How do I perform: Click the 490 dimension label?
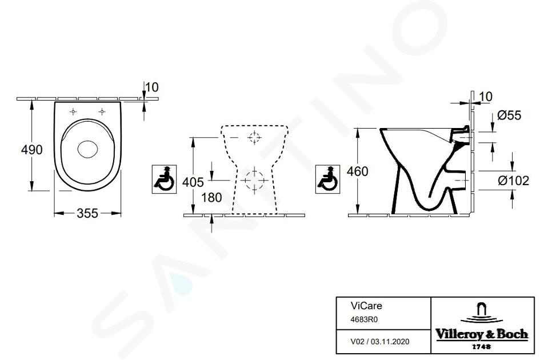click(31, 150)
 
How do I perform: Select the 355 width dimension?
click(87, 213)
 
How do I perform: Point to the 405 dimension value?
click(193, 182)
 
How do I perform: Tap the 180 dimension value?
click(211, 197)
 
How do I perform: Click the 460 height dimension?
click(358, 171)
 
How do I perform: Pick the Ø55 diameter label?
click(509, 115)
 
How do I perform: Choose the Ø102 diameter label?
click(513, 181)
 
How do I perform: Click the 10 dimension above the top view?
click(151, 87)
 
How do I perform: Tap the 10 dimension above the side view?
click(486, 97)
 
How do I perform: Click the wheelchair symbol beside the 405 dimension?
click(164, 179)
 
